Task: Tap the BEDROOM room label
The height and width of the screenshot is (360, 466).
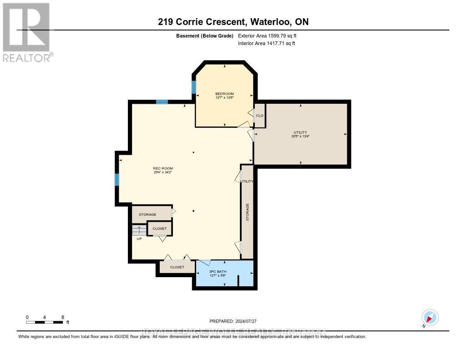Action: [x=224, y=94]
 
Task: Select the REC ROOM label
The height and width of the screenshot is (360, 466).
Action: [x=162, y=169]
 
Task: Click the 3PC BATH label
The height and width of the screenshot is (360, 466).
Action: [x=218, y=271]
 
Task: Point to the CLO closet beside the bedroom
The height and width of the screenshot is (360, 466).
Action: [x=259, y=116]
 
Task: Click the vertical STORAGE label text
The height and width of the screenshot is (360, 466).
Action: [x=248, y=212]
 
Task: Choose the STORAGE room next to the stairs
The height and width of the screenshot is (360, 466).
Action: [x=147, y=214]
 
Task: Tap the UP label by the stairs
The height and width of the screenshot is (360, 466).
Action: [x=139, y=238]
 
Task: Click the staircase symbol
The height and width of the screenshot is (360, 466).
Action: [x=139, y=230]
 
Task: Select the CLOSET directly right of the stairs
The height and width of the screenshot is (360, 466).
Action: [x=159, y=228]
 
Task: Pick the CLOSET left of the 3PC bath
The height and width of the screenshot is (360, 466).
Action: [x=177, y=267]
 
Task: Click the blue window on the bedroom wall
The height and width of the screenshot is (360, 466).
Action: [x=194, y=87]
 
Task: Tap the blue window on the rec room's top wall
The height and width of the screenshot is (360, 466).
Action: [x=162, y=102]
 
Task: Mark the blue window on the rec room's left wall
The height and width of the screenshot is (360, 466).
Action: [x=117, y=180]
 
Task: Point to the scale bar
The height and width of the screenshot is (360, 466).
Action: [x=45, y=322]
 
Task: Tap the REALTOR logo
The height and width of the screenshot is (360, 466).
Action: [x=26, y=32]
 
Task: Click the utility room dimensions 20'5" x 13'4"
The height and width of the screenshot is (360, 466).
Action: [x=300, y=136]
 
